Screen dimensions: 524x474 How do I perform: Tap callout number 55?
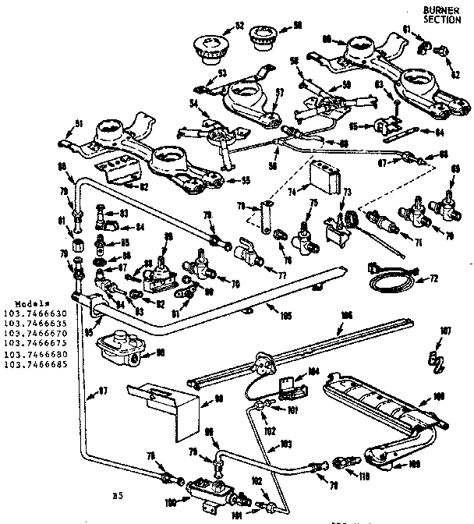[x=244, y=181]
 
